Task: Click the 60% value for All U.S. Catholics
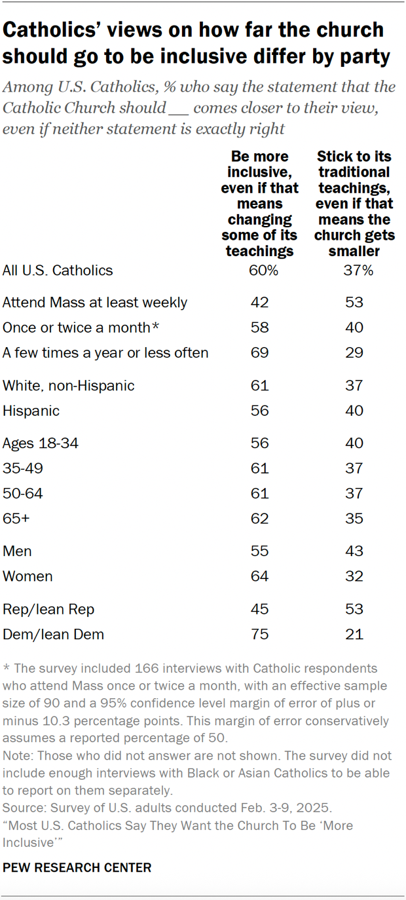click(x=260, y=271)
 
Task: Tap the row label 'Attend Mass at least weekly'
click(x=95, y=303)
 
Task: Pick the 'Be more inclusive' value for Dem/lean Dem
click(x=259, y=634)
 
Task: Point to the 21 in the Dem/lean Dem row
click(x=355, y=634)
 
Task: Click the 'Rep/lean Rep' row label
click(x=48, y=609)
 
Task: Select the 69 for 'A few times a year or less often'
click(x=259, y=353)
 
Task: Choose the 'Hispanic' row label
click(x=31, y=411)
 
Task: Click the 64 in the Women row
click(x=259, y=576)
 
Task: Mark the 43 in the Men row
click(x=355, y=552)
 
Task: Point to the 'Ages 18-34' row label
click(x=41, y=443)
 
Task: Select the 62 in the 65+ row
click(x=259, y=519)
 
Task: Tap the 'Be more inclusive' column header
click(x=259, y=203)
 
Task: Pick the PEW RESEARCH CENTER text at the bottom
click(x=77, y=868)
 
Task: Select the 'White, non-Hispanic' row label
click(x=69, y=386)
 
